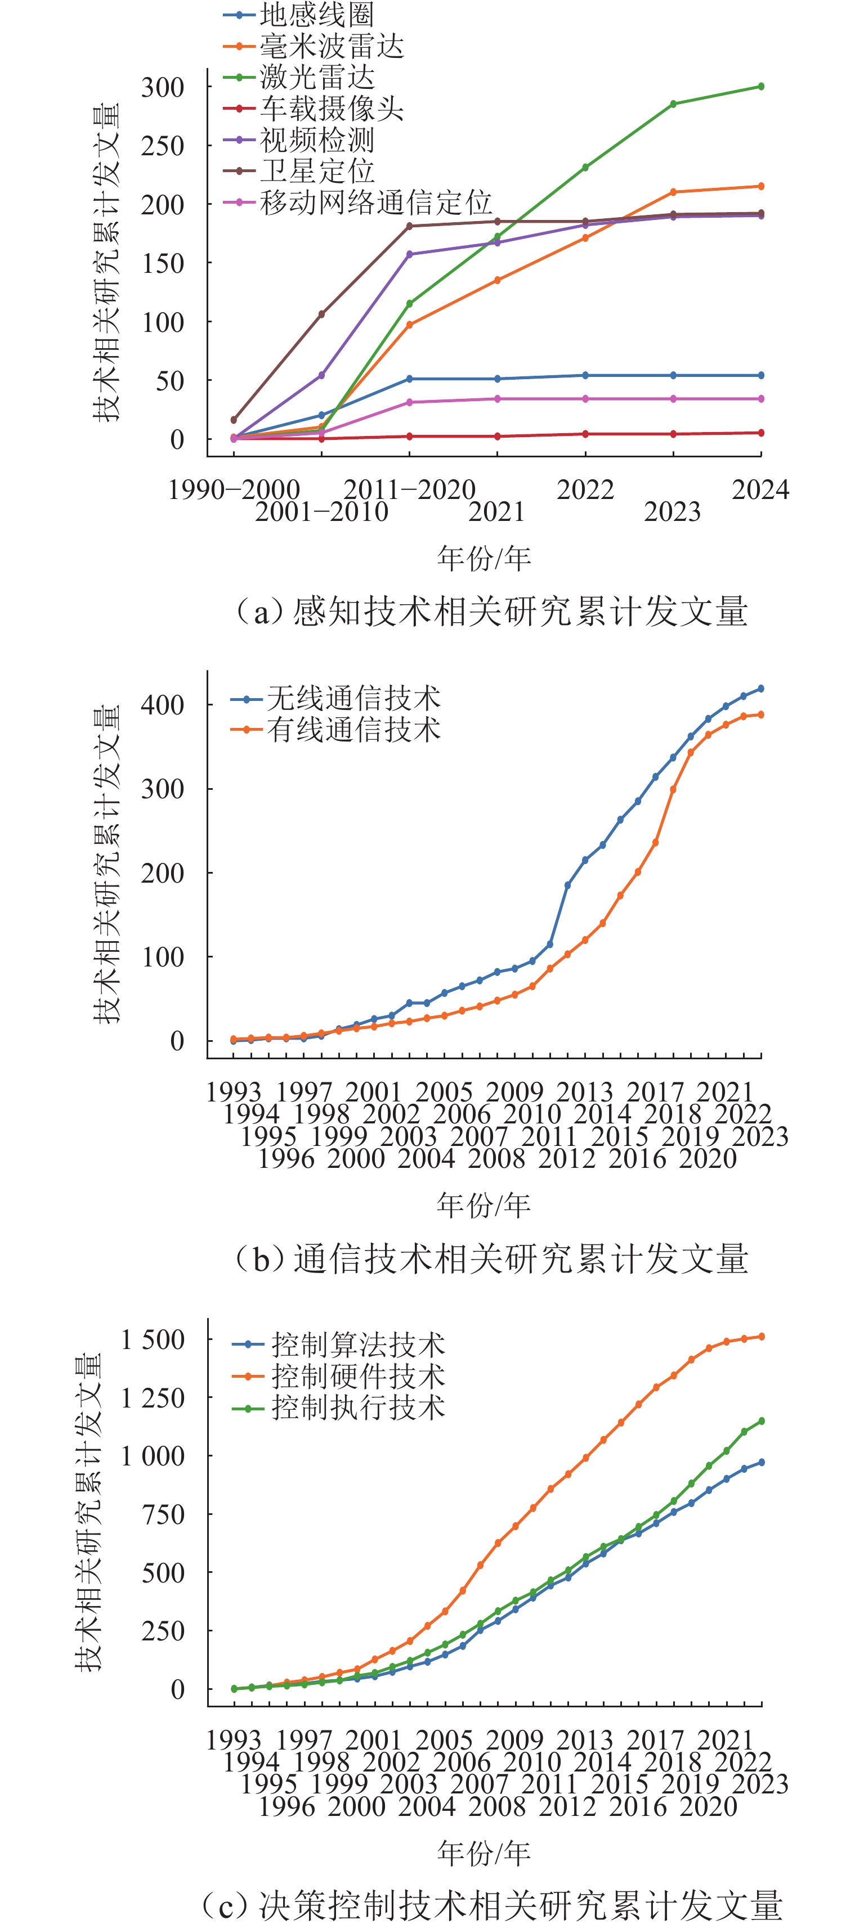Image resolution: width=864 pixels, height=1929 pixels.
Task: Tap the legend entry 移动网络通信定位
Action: [375, 202]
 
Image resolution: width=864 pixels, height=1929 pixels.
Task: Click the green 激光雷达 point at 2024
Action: [762, 86]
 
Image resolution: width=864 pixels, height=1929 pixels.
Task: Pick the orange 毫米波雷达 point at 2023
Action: [673, 192]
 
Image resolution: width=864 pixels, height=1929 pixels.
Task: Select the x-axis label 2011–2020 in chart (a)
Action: [409, 490]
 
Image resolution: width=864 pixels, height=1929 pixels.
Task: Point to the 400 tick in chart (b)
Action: [163, 705]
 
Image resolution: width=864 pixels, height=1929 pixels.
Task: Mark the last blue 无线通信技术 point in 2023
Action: [762, 688]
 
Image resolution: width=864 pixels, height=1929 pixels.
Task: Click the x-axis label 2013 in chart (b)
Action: [584, 1092]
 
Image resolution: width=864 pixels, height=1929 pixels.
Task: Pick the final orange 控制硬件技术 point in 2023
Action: [762, 1337]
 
